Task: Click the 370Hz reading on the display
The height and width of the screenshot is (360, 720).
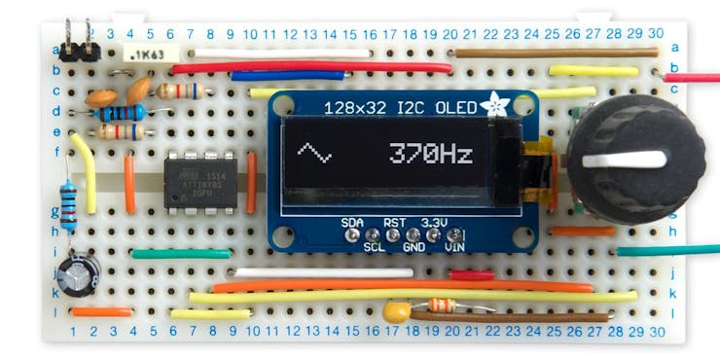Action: [x=431, y=153]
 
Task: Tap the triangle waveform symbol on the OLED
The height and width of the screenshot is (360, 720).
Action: [x=314, y=152]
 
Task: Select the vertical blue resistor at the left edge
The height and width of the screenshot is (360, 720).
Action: [x=67, y=205]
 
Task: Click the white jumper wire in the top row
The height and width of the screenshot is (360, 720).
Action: [x=282, y=52]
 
